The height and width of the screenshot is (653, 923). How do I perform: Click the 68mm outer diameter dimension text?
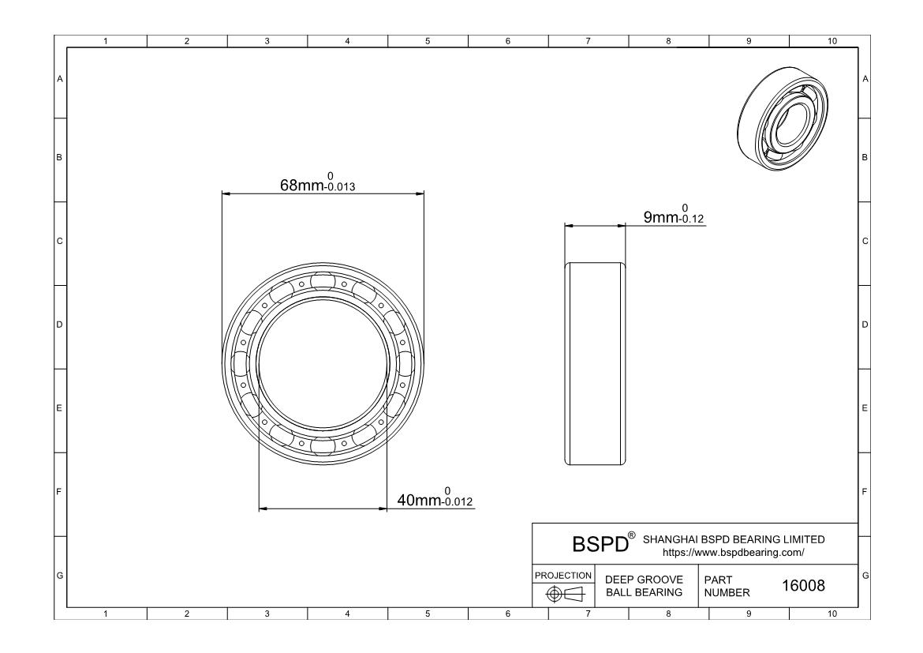[317, 182]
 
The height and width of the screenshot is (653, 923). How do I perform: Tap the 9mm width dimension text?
[674, 214]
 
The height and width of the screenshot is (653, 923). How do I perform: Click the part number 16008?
[803, 585]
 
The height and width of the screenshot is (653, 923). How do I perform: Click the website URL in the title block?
[734, 553]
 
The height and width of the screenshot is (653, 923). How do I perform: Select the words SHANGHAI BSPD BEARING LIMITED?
[734, 539]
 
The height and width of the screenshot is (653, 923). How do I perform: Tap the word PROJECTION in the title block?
[563, 575]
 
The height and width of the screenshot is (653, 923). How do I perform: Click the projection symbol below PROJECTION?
[565, 594]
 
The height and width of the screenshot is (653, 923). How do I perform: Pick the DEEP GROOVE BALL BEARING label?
[644, 586]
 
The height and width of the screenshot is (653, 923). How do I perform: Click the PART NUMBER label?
[727, 586]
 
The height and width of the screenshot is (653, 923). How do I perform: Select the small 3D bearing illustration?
[783, 119]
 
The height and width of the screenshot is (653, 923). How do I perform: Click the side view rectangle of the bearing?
[595, 364]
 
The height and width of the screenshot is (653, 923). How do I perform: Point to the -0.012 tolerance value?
[458, 502]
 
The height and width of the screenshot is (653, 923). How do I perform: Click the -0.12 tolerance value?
[691, 220]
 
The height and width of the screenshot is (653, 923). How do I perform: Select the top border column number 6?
[508, 41]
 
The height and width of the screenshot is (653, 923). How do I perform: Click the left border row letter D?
[59, 325]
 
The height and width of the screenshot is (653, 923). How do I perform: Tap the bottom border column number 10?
[831, 614]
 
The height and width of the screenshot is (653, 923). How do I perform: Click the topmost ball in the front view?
[323, 280]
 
